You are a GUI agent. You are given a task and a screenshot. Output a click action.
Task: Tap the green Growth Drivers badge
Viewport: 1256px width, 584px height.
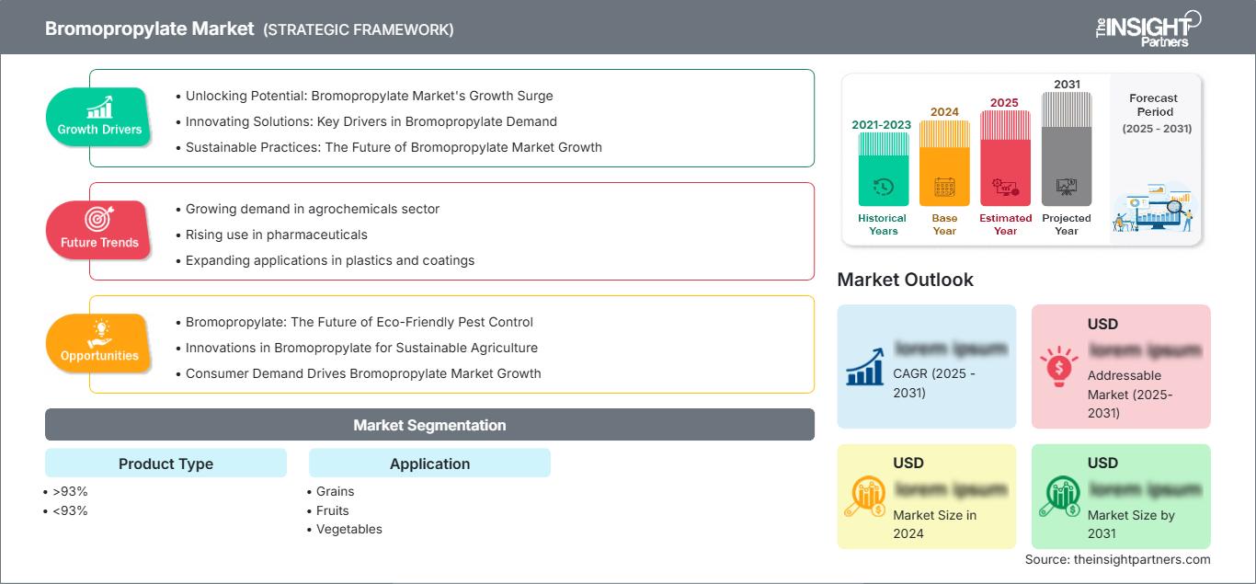click(x=99, y=117)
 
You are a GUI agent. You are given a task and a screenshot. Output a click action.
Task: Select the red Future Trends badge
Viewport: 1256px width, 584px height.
click(x=98, y=230)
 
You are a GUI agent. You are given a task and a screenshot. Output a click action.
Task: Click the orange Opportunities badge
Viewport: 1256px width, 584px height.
click(x=99, y=343)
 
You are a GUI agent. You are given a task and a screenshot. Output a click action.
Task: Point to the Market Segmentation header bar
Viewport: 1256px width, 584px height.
click(x=429, y=425)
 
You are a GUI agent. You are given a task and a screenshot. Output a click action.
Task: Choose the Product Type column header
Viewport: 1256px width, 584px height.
click(x=166, y=464)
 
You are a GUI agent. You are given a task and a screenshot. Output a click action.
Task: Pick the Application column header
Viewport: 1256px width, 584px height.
click(x=429, y=464)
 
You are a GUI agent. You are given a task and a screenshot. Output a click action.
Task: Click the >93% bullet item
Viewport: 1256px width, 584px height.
click(x=70, y=491)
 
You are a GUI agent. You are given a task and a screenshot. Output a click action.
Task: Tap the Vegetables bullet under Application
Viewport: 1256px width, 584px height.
click(x=348, y=529)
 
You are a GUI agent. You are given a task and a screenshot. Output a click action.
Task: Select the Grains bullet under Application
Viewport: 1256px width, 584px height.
click(x=335, y=491)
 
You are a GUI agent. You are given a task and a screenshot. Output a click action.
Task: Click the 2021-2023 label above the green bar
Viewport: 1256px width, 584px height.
click(x=883, y=124)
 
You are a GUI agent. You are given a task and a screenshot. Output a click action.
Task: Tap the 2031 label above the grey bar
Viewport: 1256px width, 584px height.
click(x=1067, y=85)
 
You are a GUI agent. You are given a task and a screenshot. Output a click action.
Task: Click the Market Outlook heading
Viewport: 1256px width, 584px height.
click(x=905, y=280)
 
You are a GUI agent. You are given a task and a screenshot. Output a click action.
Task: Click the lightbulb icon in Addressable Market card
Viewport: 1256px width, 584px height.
click(x=1059, y=366)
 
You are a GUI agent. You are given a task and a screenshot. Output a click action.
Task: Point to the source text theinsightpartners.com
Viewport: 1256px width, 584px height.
click(x=1117, y=559)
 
